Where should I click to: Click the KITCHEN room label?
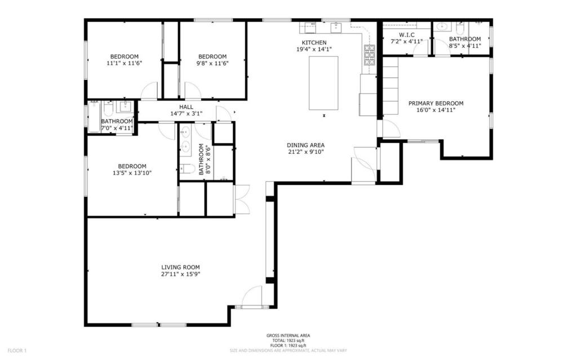(314, 43)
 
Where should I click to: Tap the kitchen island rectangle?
(323, 83)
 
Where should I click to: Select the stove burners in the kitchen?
(370, 55)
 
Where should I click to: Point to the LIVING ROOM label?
(180, 267)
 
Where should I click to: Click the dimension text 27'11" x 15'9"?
(180, 274)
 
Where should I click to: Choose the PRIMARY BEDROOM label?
(436, 104)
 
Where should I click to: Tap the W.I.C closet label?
(406, 34)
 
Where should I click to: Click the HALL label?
(186, 106)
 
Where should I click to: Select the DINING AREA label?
(305, 145)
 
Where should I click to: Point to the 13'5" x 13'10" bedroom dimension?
(132, 172)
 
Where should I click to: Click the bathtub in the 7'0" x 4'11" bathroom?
(94, 117)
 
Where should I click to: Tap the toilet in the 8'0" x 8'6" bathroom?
(187, 168)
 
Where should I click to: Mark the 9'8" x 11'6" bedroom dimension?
(212, 63)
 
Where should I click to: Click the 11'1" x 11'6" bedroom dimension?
(125, 63)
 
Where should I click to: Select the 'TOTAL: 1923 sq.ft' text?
(288, 340)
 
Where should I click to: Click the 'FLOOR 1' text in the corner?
(17, 350)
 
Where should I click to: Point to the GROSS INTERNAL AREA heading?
(288, 335)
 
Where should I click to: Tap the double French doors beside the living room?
(242, 199)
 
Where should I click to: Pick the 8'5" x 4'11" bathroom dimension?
(465, 46)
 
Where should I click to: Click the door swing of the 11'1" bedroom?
(149, 91)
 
